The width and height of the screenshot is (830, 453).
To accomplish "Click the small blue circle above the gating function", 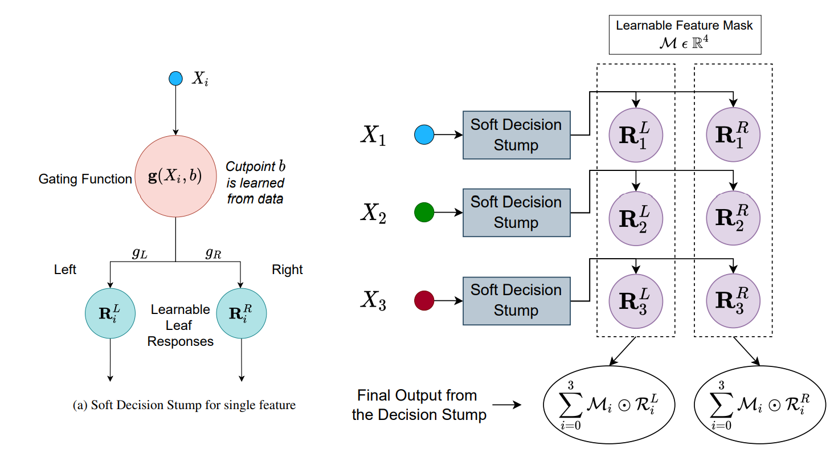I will pos(175,78).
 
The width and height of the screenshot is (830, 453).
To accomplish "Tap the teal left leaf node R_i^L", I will pos(110,313).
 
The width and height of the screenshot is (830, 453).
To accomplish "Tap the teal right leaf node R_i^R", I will pos(242,313).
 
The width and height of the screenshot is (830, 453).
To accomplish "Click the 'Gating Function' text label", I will pos(85,179).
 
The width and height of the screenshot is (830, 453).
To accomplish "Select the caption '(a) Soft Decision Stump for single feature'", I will pos(185,406).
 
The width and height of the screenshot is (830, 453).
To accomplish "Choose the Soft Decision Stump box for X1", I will pos(516,135).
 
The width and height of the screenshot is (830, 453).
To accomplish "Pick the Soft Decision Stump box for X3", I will pos(516,300).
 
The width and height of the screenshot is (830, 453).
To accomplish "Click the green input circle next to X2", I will pos(425,213).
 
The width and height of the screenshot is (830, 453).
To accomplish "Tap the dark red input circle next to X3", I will pos(425,300).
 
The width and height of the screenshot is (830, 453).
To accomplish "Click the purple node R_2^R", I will pos(733,217).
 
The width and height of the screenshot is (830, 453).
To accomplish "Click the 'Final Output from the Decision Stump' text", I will pos(419,405).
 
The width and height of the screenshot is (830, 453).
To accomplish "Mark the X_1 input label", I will pos(373,135).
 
